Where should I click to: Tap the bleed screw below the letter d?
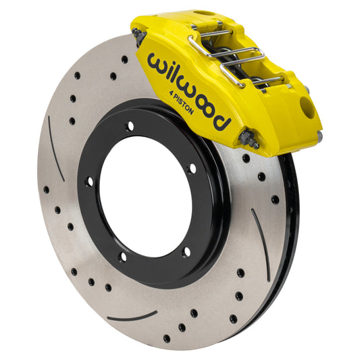pos(248,139)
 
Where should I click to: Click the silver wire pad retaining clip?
pos(230,57)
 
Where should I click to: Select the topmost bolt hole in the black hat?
pos(130,126)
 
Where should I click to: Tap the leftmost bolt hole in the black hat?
pos(88,181)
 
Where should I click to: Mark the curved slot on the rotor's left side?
pos(55,139)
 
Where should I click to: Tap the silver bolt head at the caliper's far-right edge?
pos(319,136)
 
